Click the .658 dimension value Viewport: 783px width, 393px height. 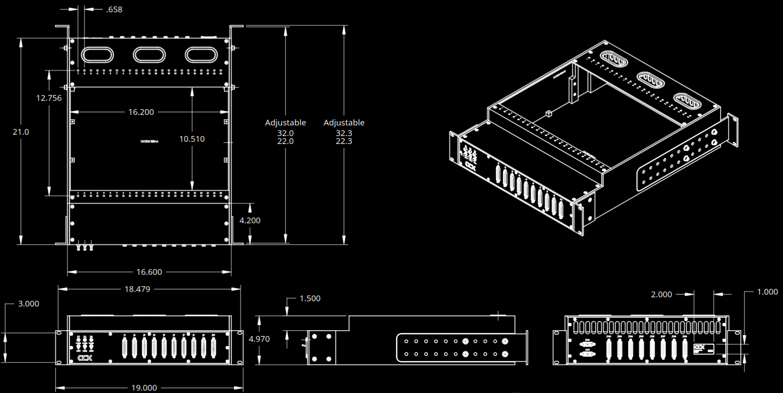[x=114, y=9]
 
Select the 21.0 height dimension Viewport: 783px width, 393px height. [x=21, y=132]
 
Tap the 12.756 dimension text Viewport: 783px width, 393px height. [x=49, y=98]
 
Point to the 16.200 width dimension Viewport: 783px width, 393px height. [x=141, y=112]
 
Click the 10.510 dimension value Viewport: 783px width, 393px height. [x=192, y=139]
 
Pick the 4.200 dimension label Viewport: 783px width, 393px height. [x=250, y=220]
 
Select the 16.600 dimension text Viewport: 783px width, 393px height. [x=149, y=272]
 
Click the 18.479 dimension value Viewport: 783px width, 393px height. [x=137, y=289]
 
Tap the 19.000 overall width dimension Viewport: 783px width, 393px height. [x=144, y=388]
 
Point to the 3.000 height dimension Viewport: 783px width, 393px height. [x=28, y=303]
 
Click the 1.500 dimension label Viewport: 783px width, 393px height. [x=310, y=299]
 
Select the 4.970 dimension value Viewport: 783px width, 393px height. [x=259, y=339]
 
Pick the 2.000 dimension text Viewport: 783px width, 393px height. [x=661, y=294]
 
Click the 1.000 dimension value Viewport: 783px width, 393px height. [x=767, y=291]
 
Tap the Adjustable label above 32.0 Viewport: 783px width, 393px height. [x=285, y=122]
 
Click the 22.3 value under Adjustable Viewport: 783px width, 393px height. [x=344, y=141]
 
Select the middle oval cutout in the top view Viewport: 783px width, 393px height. [x=149, y=55]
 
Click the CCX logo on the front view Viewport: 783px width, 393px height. [x=85, y=358]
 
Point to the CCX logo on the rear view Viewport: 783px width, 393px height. [x=699, y=347]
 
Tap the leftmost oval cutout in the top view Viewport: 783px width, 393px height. [x=97, y=55]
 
